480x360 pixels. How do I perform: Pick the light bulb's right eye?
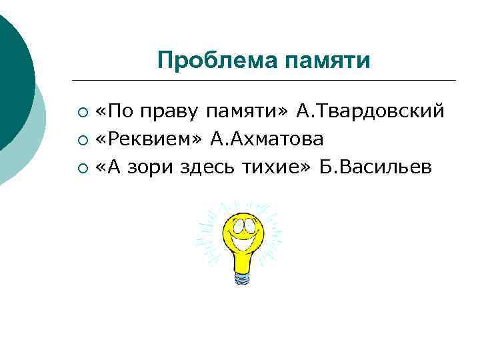[x=248, y=225]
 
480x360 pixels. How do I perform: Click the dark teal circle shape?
[x=12, y=73]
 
